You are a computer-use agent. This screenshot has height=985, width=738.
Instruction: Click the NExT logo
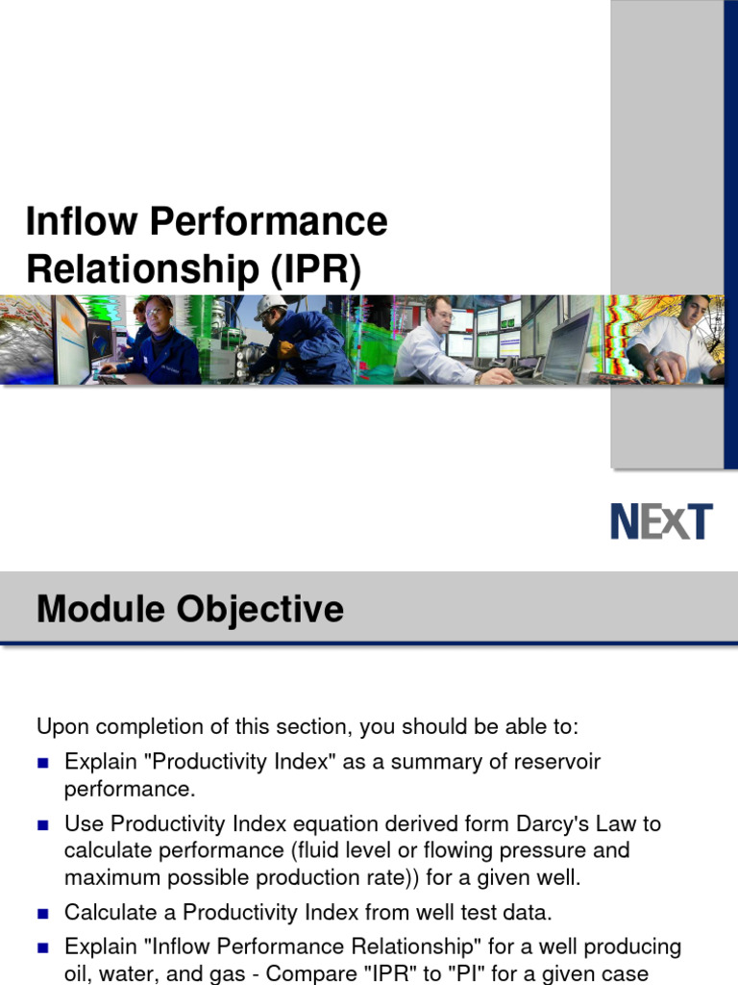pos(661,521)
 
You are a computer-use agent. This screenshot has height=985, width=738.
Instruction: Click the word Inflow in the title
pos(82,221)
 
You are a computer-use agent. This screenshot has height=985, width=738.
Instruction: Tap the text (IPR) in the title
pos(315,269)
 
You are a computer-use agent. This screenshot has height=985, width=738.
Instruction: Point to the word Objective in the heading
pos(259,610)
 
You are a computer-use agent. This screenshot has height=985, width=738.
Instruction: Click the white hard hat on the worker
pos(270,305)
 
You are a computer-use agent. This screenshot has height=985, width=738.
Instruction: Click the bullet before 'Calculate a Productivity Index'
pos(42,914)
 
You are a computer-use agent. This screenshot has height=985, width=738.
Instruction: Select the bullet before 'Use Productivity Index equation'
pos(42,824)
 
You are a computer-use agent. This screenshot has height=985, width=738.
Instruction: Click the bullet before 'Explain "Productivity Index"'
pos(42,763)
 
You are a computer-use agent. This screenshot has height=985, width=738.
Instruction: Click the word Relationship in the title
pos(142,269)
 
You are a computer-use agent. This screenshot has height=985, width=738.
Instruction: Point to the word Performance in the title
pos(269,221)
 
